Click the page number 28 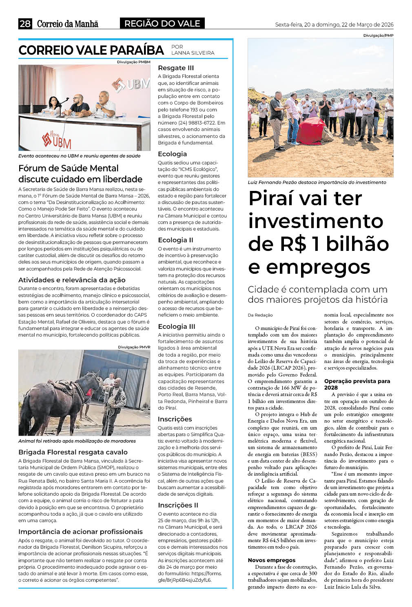pyautogui.click(x=25, y=24)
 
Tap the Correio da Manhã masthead pyautogui.click(x=68, y=24)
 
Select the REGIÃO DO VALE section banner pyautogui.click(x=162, y=24)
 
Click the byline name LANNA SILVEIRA pyautogui.click(x=193, y=53)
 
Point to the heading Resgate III pyautogui.click(x=176, y=68)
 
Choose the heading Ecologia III pyautogui.click(x=177, y=326)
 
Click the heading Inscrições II pyautogui.click(x=178, y=505)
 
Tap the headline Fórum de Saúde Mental pyautogui.click(x=69, y=168)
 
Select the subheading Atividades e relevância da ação pyautogui.click(x=72, y=280)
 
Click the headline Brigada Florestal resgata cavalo pyautogui.click(x=73, y=452)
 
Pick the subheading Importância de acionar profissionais pyautogui.click(x=80, y=532)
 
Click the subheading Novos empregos pyautogui.click(x=272, y=560)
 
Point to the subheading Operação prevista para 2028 pyautogui.click(x=357, y=384)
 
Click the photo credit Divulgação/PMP pyautogui.click(x=378, y=35)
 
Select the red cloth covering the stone pyautogui.click(x=311, y=131)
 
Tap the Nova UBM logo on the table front pyautogui.click(x=57, y=140)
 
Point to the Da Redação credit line pyautogui.click(x=260, y=315)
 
